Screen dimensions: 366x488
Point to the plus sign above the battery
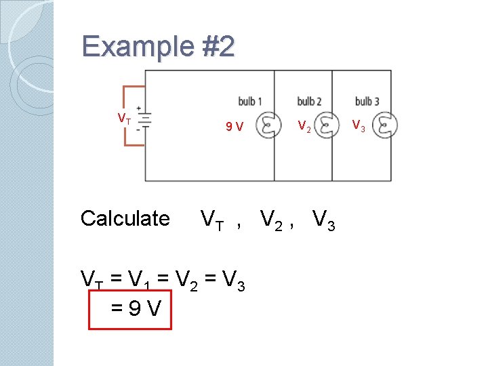click(x=138, y=108)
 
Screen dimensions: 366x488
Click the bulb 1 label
click(x=250, y=102)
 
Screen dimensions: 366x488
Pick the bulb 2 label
click(x=309, y=102)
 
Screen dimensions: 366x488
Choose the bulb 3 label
click(x=367, y=102)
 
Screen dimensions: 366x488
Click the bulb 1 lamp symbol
click(x=270, y=126)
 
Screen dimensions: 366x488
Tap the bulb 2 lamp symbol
click(x=328, y=126)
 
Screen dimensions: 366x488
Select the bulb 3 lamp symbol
click(x=387, y=126)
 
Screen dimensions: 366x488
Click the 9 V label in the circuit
click(x=235, y=126)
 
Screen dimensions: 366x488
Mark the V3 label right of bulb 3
click(x=359, y=126)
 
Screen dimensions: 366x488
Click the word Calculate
click(x=125, y=218)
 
